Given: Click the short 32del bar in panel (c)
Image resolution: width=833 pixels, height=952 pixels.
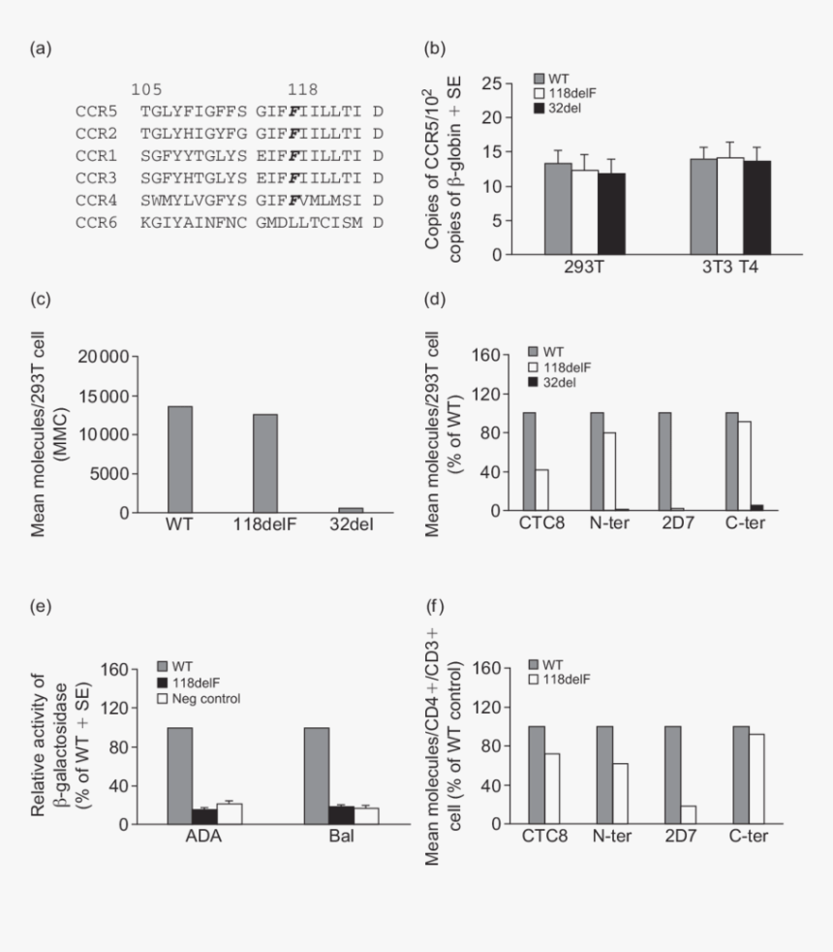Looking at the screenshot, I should point(351,509).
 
